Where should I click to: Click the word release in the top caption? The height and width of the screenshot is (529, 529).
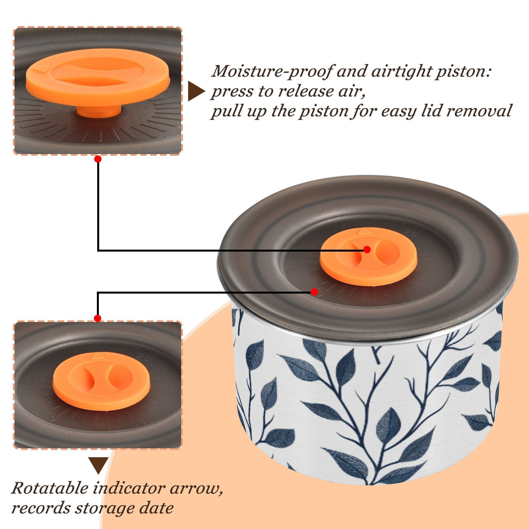(x=306, y=91)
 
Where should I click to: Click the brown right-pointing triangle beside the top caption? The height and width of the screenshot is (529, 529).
(x=196, y=91)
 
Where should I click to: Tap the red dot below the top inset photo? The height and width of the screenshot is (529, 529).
(x=98, y=159)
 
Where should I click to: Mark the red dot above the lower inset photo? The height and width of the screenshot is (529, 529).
(x=98, y=318)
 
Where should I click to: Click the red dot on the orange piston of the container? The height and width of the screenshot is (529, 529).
(x=367, y=250)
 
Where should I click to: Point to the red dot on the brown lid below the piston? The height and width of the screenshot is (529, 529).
(x=314, y=292)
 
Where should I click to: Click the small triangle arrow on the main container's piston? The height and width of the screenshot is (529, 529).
(x=362, y=231)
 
